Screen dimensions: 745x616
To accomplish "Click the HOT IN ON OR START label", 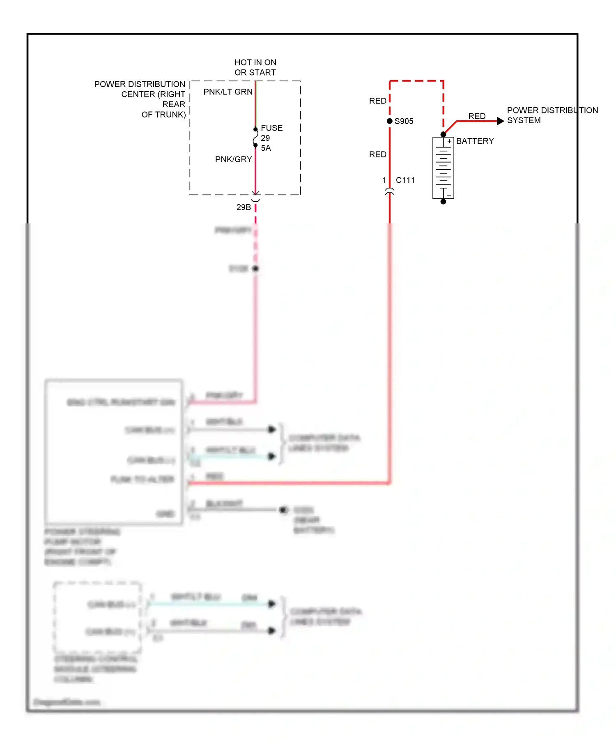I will (255, 67).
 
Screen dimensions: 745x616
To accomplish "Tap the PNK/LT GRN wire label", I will (228, 92).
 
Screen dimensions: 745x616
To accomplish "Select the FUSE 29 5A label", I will (271, 138).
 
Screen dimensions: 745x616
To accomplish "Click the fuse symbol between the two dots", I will (255, 138).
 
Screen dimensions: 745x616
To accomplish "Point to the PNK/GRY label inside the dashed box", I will (233, 159).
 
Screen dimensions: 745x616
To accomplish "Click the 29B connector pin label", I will (244, 207).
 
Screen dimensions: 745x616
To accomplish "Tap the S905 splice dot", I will (389, 121).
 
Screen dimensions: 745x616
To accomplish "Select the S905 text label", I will (404, 122).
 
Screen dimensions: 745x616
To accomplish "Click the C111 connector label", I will (405, 180).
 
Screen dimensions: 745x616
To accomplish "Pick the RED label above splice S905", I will (377, 101).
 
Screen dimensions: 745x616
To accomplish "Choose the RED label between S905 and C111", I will (377, 155).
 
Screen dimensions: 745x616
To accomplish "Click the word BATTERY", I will (475, 141).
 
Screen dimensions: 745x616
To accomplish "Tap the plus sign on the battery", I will (449, 141).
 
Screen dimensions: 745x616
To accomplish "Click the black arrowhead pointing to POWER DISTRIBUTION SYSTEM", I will (500, 121).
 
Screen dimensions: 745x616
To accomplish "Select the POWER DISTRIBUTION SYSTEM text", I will (552, 115).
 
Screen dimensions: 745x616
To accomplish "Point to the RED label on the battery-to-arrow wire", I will (476, 116).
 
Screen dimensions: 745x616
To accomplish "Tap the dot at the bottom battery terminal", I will (443, 202).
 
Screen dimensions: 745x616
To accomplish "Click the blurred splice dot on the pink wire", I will (255, 269).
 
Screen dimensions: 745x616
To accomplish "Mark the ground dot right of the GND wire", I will (283, 510).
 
